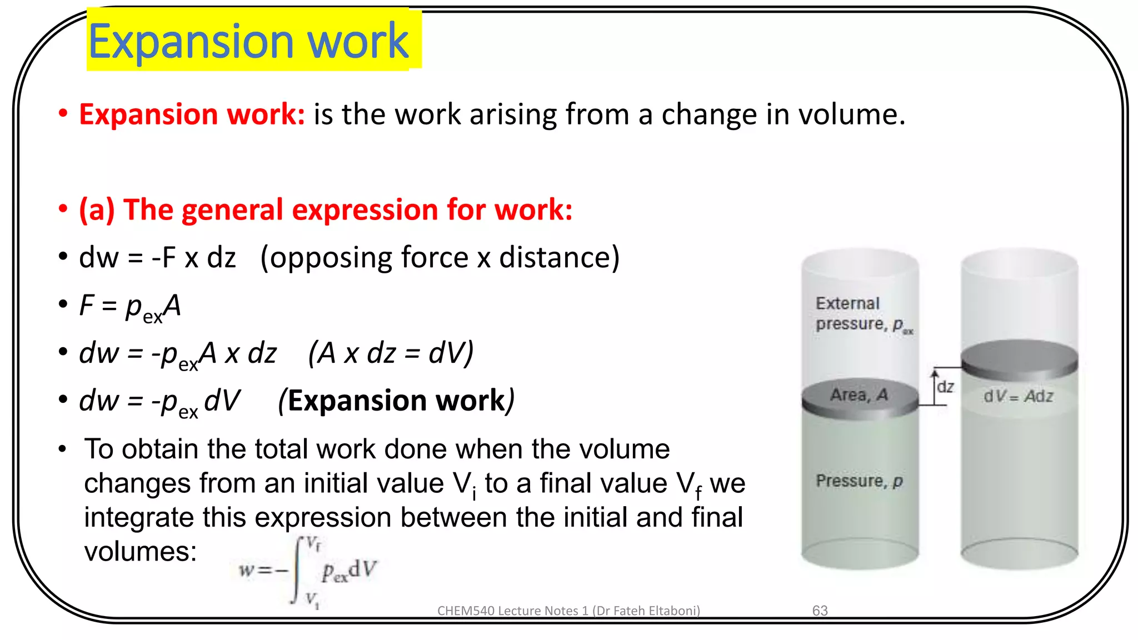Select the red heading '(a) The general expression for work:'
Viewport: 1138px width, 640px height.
click(326, 210)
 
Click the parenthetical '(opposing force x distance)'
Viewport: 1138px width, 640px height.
click(440, 258)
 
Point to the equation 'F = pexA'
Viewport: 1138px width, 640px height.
click(130, 307)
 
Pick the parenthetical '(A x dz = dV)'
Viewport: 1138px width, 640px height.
click(391, 353)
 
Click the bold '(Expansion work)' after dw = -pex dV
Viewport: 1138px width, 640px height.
click(396, 401)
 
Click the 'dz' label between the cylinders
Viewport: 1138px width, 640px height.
click(945, 387)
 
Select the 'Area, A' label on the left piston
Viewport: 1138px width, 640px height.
click(859, 395)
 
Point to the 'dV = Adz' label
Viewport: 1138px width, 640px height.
click(1018, 396)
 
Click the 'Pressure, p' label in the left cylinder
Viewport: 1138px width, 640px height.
click(859, 481)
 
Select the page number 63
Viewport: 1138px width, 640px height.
click(820, 611)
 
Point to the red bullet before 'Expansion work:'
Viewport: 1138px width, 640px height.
click(63, 113)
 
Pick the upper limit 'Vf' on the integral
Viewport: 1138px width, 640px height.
click(313, 544)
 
